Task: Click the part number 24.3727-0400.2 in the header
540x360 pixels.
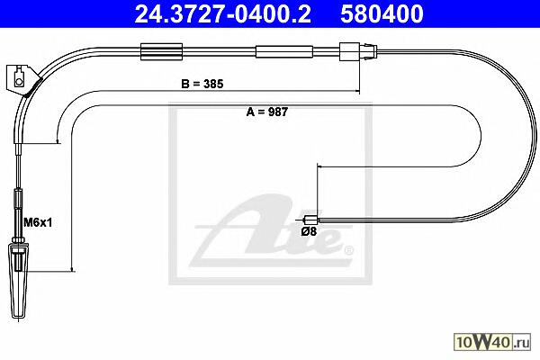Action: click(x=223, y=14)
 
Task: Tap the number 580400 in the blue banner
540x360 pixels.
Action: click(x=382, y=14)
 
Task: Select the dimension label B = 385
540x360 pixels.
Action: click(x=202, y=84)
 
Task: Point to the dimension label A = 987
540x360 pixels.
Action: click(x=267, y=112)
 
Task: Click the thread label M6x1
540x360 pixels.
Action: click(x=38, y=223)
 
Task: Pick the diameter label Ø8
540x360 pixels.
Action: click(x=309, y=231)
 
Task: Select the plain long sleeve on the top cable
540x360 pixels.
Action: click(x=284, y=51)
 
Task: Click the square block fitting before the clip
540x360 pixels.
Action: click(x=349, y=51)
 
